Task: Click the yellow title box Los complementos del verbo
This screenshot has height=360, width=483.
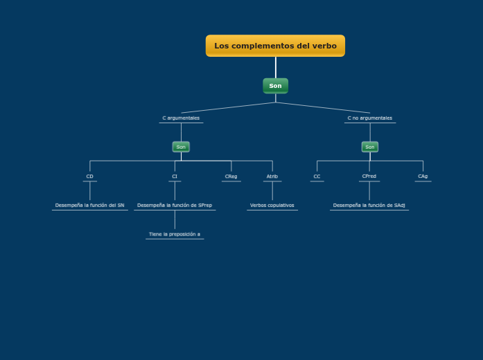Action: (275, 46)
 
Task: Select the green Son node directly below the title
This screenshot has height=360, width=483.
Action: (275, 86)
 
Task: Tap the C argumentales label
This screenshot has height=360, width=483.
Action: (181, 118)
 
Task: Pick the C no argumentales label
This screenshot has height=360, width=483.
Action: (369, 118)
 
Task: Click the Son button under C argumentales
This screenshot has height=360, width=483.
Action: (181, 147)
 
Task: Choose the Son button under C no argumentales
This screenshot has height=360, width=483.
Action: (369, 147)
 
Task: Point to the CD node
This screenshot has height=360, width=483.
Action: (89, 177)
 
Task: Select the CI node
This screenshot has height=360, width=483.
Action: (175, 177)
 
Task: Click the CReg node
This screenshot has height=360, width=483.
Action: (231, 177)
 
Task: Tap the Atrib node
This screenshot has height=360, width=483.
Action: (272, 177)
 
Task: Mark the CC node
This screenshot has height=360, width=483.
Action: (317, 177)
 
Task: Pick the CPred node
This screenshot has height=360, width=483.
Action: (369, 177)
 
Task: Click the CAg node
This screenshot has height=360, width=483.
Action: (423, 177)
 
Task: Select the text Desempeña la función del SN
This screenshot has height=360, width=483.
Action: (89, 206)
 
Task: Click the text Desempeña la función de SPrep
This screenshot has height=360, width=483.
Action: (175, 206)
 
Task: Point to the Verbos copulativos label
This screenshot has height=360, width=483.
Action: (272, 206)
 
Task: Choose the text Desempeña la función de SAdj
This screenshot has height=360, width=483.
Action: (369, 206)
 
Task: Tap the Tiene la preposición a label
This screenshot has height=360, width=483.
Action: (175, 235)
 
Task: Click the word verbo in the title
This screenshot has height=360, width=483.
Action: (324, 46)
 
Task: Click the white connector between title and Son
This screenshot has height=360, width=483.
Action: (276, 67)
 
